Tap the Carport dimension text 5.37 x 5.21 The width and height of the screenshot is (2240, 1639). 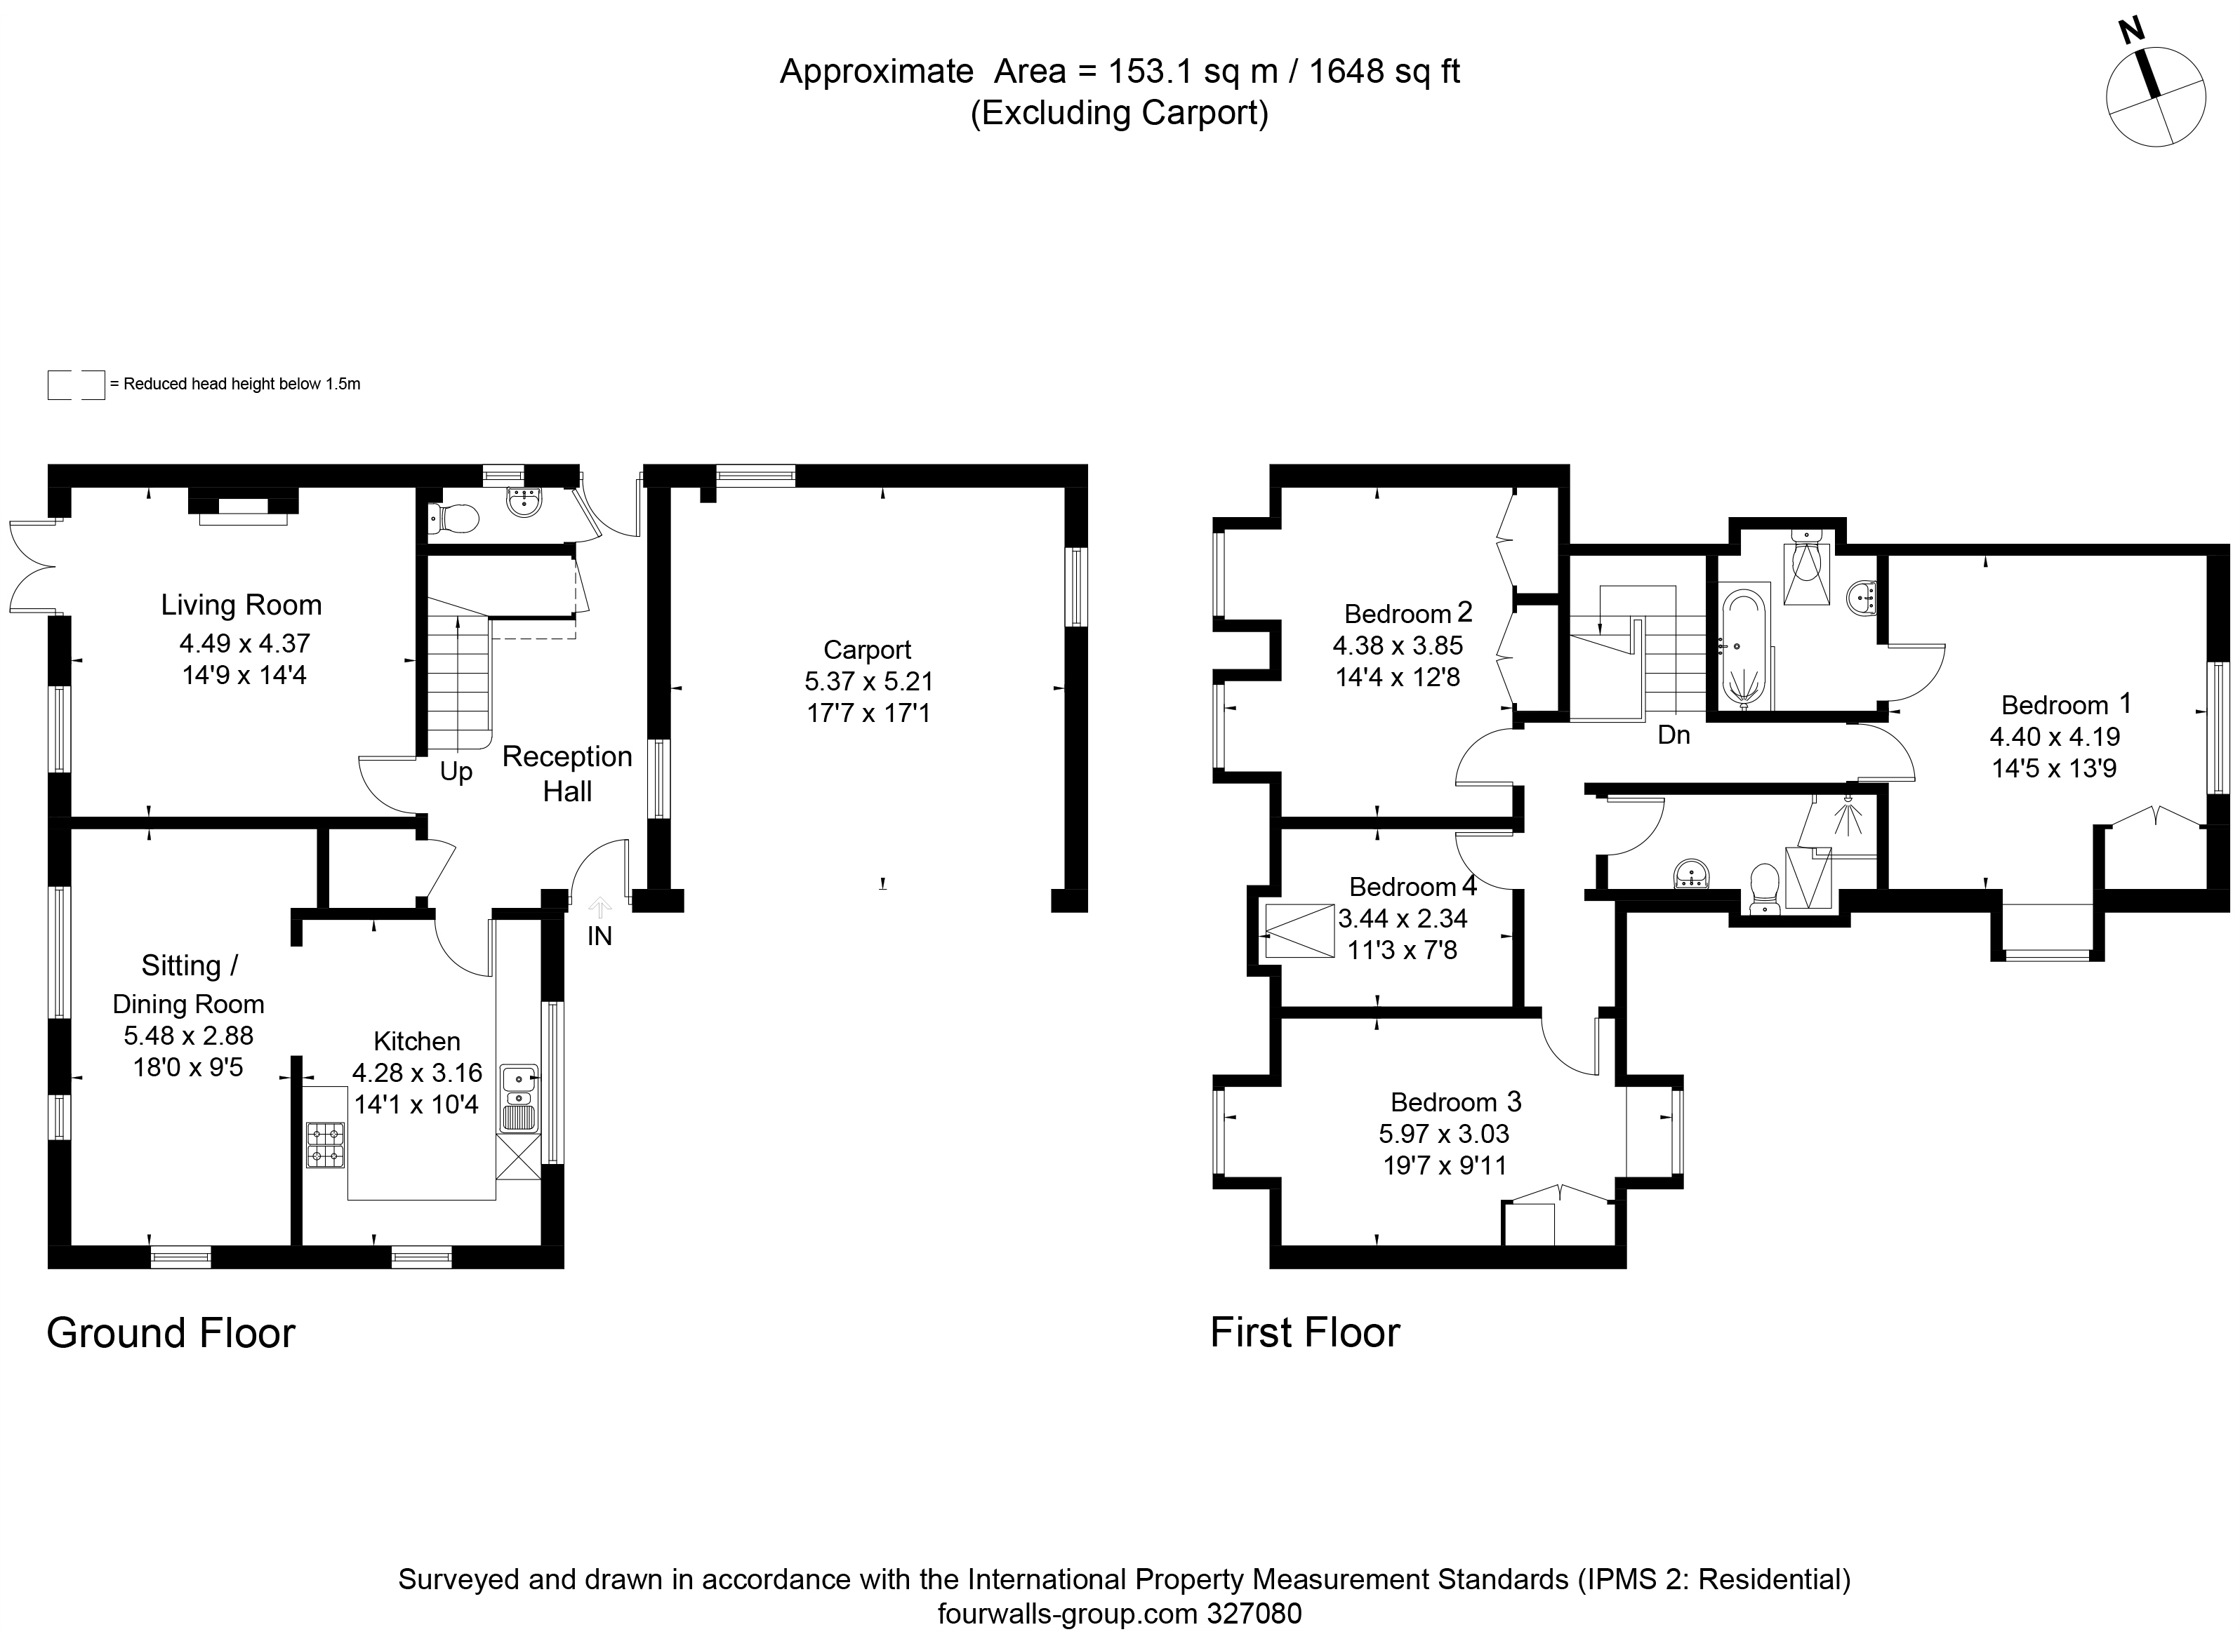[868, 681]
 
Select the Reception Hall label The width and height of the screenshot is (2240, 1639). [566, 774]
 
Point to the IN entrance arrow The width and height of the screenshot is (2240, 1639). [600, 906]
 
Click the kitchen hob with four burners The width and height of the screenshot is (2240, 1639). [326, 1144]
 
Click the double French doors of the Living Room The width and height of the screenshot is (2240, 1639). [32, 566]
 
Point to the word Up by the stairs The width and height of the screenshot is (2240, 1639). [456, 772]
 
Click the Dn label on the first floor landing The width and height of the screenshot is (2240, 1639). [1674, 735]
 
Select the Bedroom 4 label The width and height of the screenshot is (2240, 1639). [1413, 886]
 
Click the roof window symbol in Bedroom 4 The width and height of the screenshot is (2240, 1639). [1299, 930]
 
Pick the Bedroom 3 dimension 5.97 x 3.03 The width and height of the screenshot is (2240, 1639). [1444, 1133]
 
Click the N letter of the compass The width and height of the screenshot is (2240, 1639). [2130, 60]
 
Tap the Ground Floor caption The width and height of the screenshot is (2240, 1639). [171, 1333]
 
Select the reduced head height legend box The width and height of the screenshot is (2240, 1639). [77, 385]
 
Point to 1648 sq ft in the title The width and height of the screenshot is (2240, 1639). [1384, 72]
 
